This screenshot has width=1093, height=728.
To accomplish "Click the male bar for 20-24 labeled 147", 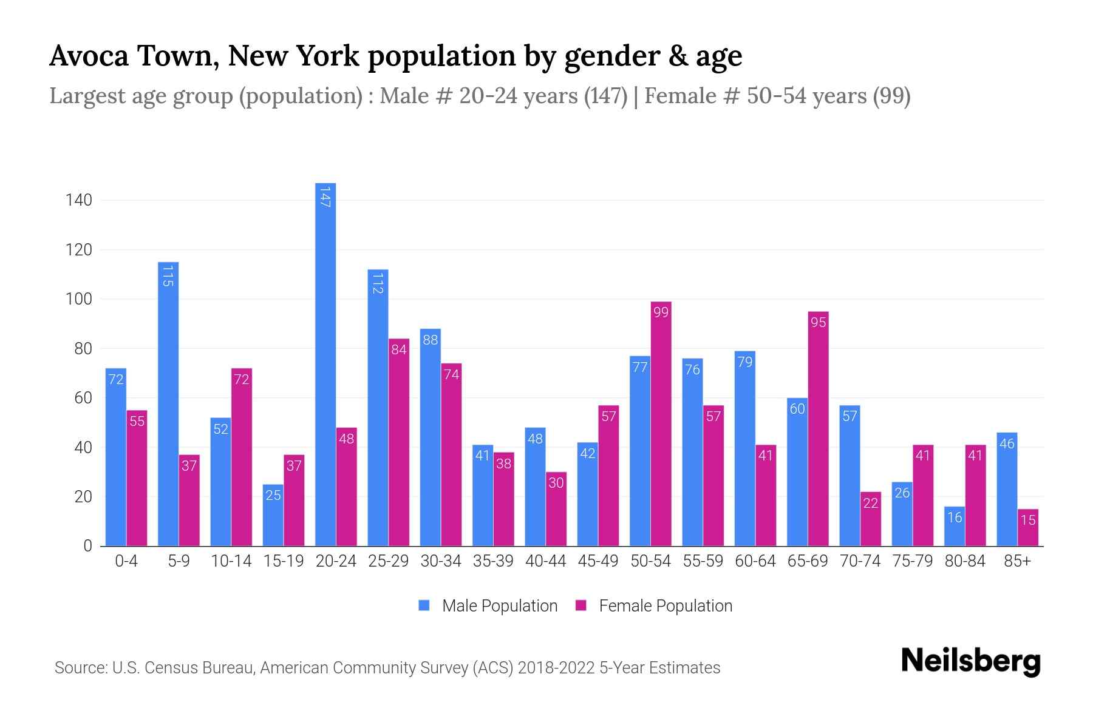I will point(325,364).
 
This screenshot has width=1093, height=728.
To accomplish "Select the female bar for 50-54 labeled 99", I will point(661,425).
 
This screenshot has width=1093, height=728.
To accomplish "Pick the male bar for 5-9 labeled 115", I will point(168,403).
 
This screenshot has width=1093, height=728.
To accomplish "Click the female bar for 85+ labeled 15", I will point(1028,528).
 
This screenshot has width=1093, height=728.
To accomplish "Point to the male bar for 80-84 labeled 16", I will point(955,527).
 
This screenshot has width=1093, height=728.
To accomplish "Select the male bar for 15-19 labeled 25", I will point(273,516).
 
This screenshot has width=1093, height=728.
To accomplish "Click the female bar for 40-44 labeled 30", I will point(556,510).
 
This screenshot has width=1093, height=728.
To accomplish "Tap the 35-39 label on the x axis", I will point(493,561).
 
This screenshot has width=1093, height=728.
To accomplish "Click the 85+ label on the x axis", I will point(1017,561).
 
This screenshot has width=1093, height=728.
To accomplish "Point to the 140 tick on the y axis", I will point(79,200).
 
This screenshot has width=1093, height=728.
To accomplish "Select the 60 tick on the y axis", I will point(83,398).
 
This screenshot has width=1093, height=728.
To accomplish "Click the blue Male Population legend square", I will point(424,605).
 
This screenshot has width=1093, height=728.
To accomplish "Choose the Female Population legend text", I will point(666,605).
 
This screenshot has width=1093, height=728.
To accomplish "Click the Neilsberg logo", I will point(970,661).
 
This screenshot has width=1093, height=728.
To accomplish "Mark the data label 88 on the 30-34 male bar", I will point(430,340).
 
